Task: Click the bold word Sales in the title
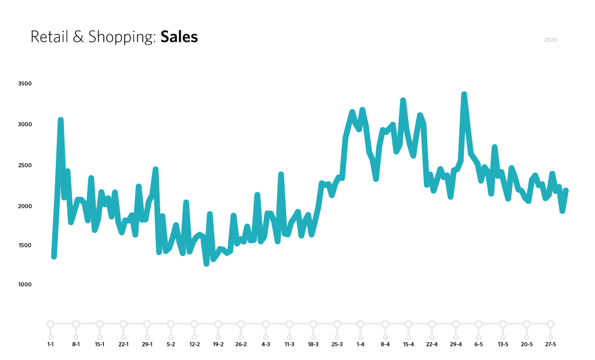179,37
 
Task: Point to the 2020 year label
550,40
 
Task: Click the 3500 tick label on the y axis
24,84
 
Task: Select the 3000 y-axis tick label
24,124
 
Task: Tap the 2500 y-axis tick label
24,165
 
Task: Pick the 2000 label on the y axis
24,206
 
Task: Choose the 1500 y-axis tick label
24,246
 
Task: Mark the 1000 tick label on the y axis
24,285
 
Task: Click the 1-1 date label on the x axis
51,344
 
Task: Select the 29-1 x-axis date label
147,344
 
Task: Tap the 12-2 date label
194,344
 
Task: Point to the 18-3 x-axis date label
313,344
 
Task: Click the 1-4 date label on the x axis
360,344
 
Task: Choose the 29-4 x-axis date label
456,344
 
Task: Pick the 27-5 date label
550,344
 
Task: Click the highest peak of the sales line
464,95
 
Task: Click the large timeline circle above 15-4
408,324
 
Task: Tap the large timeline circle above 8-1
75,324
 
